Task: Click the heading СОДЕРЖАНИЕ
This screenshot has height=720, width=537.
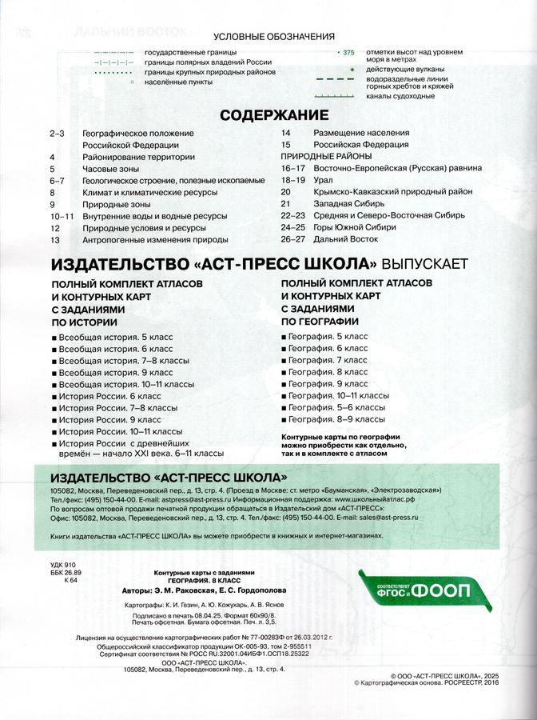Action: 274,114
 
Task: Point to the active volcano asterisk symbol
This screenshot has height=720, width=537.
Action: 348,70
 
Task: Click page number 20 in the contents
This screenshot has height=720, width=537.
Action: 285,192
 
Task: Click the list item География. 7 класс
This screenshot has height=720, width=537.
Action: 328,360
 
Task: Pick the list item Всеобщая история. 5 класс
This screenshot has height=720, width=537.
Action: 116,338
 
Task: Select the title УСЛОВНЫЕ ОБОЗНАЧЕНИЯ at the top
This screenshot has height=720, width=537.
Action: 268,38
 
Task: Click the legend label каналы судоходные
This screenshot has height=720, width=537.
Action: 400,96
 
